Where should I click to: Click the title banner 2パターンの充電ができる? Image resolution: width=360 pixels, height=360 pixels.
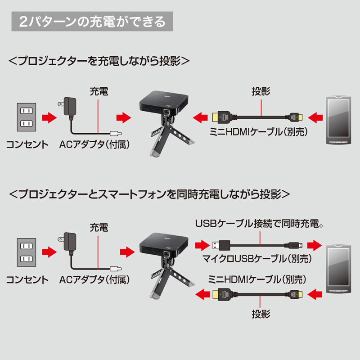tap(92, 21)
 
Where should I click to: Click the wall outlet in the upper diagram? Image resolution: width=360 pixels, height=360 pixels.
tap(27, 117)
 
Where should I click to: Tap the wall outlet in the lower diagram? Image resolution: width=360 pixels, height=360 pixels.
tap(27, 252)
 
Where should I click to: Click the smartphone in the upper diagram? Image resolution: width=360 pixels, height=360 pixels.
tap(339, 120)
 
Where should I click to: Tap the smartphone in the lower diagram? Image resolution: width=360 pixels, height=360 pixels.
tap(339, 269)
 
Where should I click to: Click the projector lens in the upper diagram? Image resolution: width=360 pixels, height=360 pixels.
tap(166, 112)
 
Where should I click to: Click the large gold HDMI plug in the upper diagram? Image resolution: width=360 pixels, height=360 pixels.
tap(221, 117)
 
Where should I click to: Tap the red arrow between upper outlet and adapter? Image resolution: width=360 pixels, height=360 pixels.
tap(49, 117)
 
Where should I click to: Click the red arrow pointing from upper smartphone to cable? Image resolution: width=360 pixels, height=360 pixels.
tap(315, 117)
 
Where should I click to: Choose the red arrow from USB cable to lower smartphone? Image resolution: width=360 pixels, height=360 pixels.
tap(315, 245)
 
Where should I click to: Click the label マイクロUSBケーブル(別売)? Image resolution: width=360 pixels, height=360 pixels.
tap(257, 259)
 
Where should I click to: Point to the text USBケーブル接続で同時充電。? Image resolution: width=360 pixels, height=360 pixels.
tap(259, 223)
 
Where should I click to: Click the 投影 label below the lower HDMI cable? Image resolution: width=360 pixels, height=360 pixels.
tap(261, 314)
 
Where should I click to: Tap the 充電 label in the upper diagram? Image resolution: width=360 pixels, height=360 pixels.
tap(99, 91)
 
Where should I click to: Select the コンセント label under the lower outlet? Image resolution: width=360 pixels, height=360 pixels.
tap(27, 279)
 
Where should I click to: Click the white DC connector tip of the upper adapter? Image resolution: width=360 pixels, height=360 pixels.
tap(116, 133)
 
